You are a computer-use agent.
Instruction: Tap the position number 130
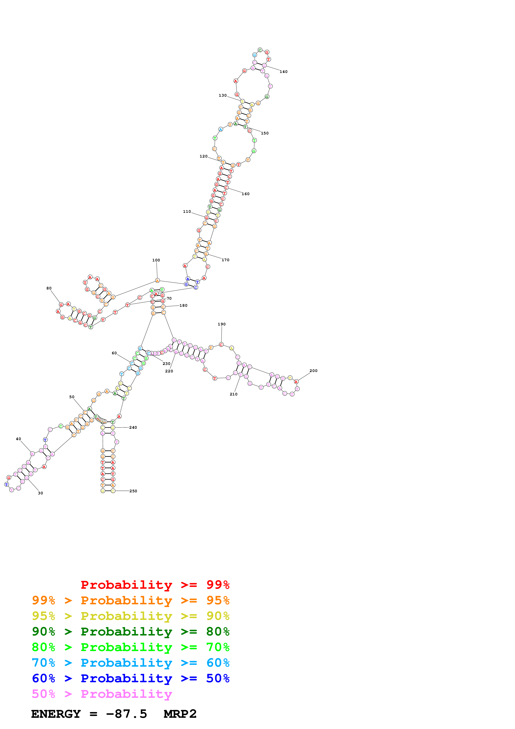(222, 95)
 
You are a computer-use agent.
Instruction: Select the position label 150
(265, 133)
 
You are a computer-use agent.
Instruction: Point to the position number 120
(203, 156)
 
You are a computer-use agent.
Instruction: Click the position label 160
(245, 194)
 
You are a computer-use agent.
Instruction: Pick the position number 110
(187, 212)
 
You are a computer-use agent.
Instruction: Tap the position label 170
(225, 260)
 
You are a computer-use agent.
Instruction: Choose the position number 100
(156, 260)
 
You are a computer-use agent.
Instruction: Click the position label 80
(49, 288)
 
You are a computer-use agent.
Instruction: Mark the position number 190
(221, 324)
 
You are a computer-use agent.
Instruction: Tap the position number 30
(40, 493)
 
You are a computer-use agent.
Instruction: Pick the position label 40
(18, 439)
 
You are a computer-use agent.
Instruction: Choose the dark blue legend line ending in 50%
(130, 678)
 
